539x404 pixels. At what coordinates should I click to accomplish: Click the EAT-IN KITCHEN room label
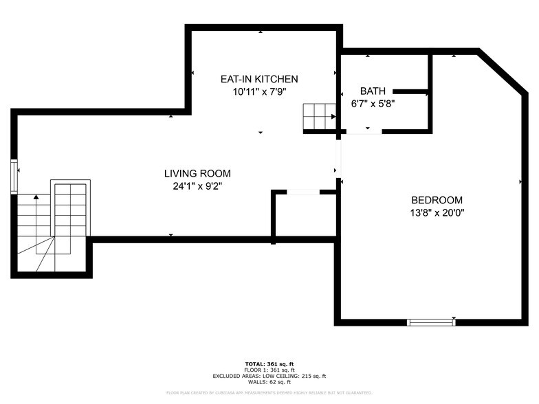click(x=259, y=79)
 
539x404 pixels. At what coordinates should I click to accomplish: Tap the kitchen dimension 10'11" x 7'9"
click(x=259, y=91)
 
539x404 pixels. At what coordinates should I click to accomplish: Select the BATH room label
click(x=373, y=91)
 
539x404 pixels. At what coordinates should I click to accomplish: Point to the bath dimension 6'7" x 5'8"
click(x=373, y=104)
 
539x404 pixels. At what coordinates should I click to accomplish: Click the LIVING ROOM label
click(x=197, y=173)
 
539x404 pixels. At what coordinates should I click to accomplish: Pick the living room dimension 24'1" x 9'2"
click(x=197, y=186)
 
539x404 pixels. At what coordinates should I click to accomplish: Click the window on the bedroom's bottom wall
click(x=431, y=322)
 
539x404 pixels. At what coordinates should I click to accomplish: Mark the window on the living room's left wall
click(x=14, y=175)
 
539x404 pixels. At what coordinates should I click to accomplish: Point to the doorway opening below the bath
click(x=364, y=131)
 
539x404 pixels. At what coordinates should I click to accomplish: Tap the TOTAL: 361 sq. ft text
click(x=269, y=363)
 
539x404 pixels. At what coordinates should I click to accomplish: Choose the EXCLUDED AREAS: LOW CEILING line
click(x=269, y=376)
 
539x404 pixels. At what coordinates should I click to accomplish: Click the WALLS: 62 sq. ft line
click(x=269, y=381)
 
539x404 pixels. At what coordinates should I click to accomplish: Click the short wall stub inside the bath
click(x=410, y=91)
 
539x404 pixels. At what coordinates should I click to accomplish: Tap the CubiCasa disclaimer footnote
click(x=269, y=392)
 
